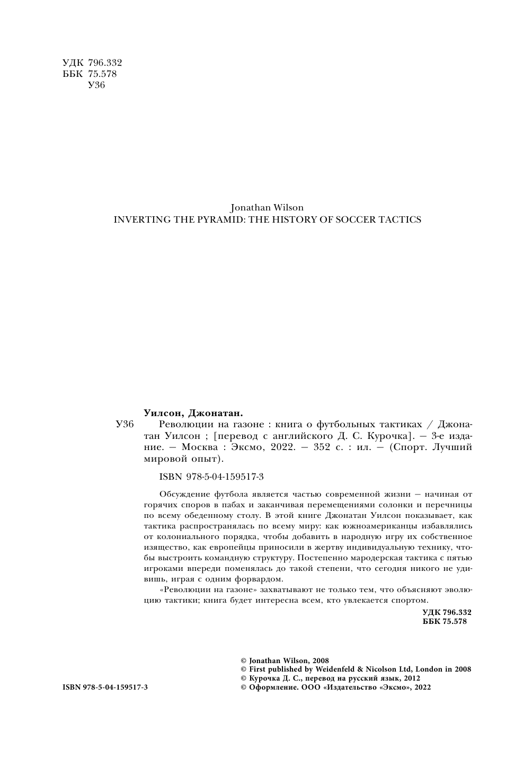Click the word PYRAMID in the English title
pos(206,219)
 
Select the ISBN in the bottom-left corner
pos(105,687)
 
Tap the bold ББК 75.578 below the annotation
pos(445,622)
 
